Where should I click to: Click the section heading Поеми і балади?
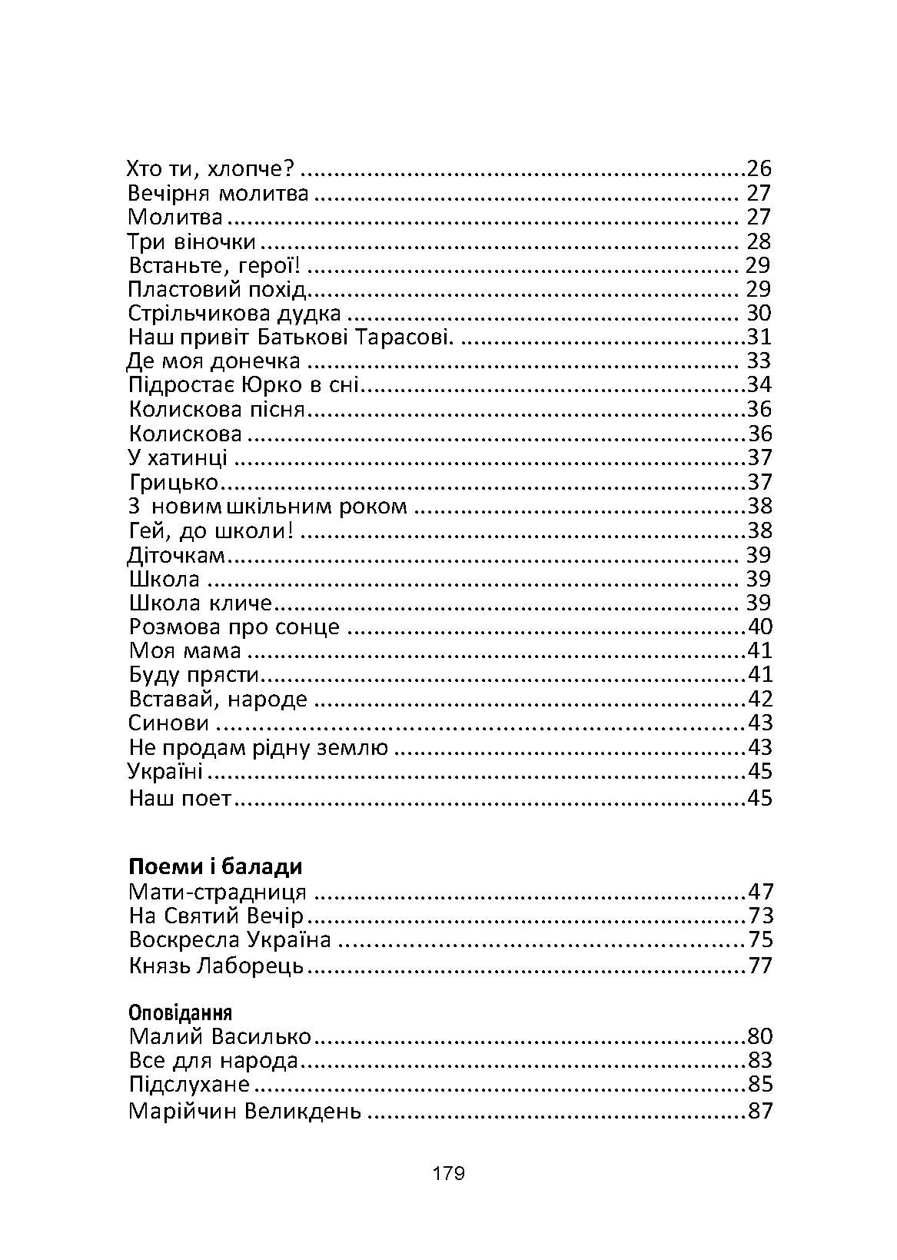[x=215, y=866]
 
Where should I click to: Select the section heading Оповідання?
[x=181, y=1012]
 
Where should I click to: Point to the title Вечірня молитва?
[x=218, y=193]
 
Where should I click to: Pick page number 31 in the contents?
[x=759, y=337]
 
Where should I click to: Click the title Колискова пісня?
[x=218, y=409]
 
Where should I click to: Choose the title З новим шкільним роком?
[x=267, y=506]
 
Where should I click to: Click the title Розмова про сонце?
[x=234, y=627]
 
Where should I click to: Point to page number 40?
[x=759, y=627]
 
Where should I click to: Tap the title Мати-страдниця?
[x=218, y=893]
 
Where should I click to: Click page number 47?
[x=759, y=893]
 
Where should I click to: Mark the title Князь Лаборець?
[x=217, y=966]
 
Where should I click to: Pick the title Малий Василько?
[x=220, y=1036]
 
